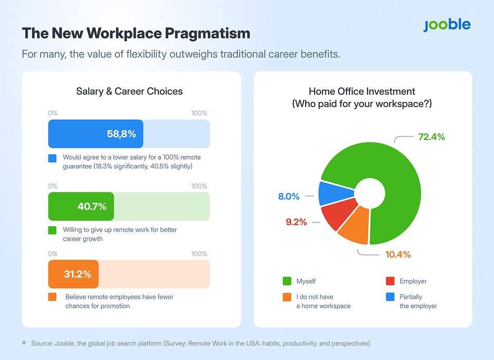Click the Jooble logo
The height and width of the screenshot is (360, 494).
pos(447,25)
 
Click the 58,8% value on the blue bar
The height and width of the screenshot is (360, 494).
pos(121,134)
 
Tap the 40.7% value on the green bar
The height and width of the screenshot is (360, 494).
pos(92,207)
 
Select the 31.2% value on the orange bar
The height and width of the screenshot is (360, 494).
pos(78,274)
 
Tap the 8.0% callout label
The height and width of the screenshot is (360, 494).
pos(289,196)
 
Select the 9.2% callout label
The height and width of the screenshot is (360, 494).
pos(296,222)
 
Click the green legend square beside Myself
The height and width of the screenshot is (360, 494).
pos(287,281)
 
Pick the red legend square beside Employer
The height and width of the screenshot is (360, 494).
pos(390,281)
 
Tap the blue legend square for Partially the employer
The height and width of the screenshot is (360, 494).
pos(390,297)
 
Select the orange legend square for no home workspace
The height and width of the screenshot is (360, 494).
pos(287,297)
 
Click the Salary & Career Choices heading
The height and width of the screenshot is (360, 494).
pos(129,92)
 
